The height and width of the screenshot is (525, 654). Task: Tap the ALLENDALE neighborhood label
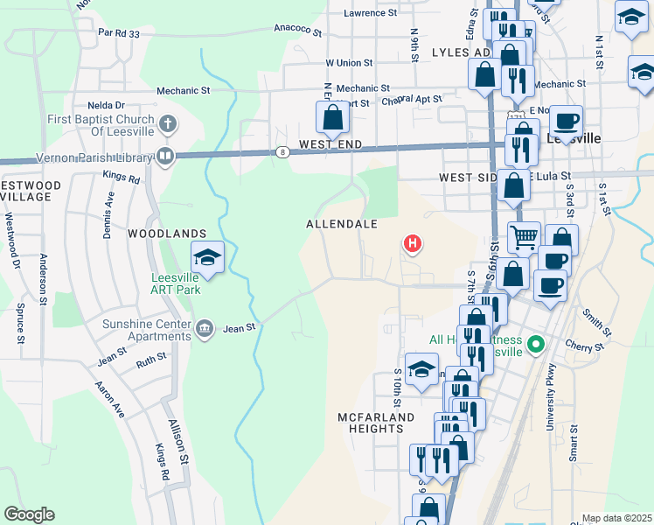click(342, 224)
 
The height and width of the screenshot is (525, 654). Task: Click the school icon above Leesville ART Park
click(208, 257)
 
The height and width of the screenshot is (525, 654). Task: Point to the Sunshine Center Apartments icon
click(204, 328)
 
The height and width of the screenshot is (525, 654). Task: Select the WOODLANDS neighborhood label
click(167, 234)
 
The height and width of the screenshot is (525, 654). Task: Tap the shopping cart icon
click(524, 235)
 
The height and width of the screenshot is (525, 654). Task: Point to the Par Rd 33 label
click(119, 33)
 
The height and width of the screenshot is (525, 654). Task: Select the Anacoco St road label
click(298, 29)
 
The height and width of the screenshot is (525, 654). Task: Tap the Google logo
click(29, 514)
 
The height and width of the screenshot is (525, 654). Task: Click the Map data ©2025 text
click(616, 518)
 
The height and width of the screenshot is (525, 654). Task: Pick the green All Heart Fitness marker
click(537, 344)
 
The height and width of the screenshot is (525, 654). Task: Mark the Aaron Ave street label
click(110, 398)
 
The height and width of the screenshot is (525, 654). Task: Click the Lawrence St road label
click(371, 13)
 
